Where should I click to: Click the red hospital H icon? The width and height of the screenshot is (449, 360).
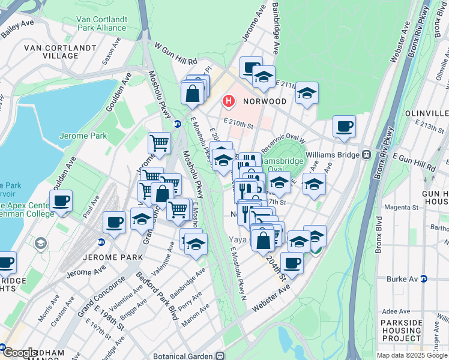coord(228,101)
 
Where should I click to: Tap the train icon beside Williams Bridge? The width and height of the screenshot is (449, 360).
coord(365,154)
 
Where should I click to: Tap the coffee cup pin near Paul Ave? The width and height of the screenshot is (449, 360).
coord(61,200)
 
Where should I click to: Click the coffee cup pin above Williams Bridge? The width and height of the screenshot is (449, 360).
coord(344,126)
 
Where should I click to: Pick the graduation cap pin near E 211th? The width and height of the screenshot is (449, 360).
coord(307,92)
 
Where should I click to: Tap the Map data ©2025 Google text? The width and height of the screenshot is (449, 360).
coord(411,355)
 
